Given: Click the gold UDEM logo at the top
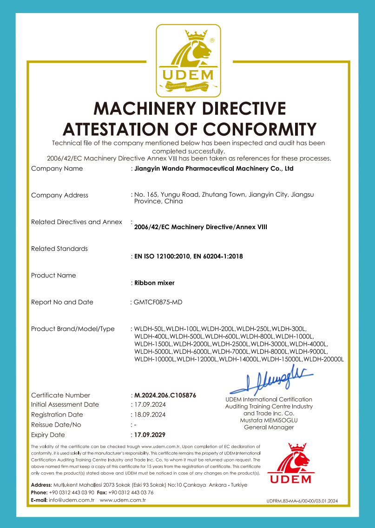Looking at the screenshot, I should [187, 59].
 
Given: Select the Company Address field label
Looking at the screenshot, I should [59, 195].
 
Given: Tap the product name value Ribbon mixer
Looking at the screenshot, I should [154, 283].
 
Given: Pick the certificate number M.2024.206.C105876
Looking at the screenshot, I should [165, 396].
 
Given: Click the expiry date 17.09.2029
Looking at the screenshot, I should [150, 435].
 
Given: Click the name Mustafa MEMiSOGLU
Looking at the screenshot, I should [269, 420].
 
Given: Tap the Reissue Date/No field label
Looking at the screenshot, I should [56, 425].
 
